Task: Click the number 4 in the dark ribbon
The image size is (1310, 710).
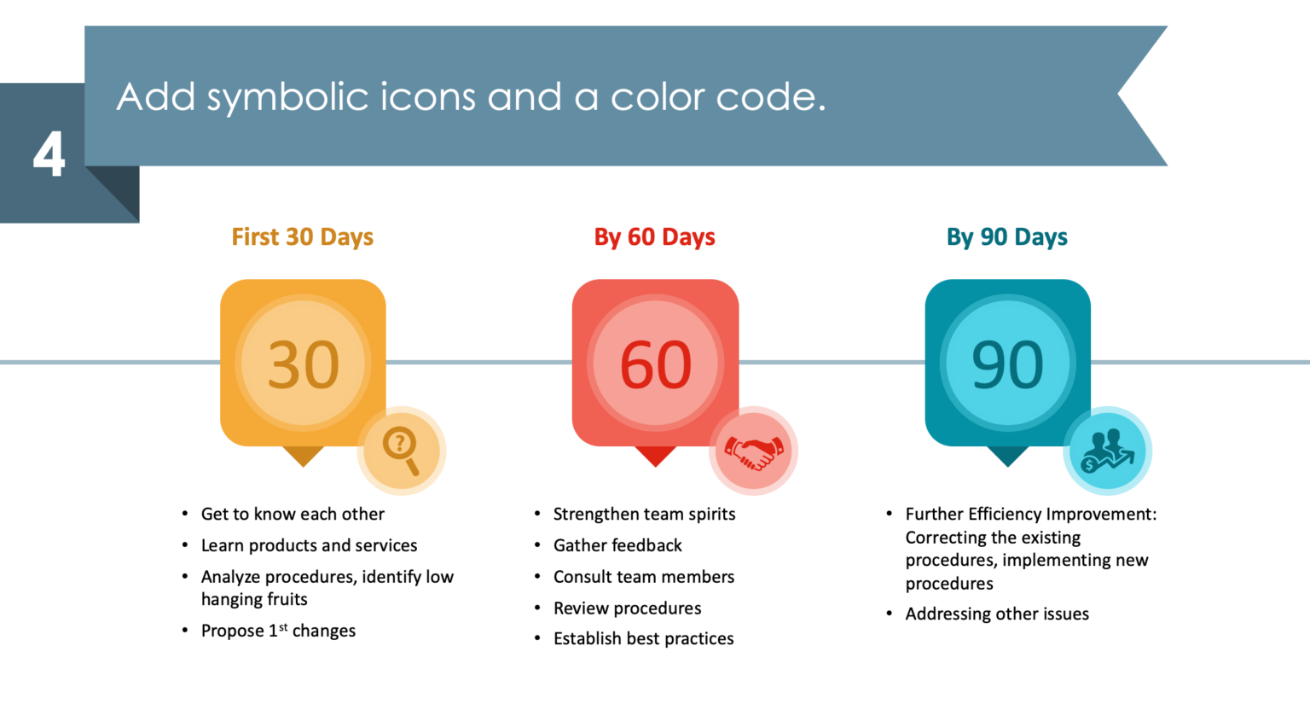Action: coord(49,154)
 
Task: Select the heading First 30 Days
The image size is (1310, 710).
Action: coord(303,237)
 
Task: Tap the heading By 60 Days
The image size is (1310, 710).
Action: coord(654,237)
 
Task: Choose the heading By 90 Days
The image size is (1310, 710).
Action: coord(1007,237)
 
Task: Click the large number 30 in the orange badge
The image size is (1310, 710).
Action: coord(303,364)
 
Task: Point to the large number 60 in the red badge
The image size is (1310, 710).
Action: coord(656,364)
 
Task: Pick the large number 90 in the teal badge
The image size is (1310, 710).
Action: coord(1007,364)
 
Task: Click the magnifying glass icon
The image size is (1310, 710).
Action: coord(401,451)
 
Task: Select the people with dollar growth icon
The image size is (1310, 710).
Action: coord(1107,451)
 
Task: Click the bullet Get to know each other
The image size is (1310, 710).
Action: coord(293,514)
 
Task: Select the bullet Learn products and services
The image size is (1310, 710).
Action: coord(309,545)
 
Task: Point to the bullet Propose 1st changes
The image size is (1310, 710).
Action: coord(278,631)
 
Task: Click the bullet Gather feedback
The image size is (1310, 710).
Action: coord(617,545)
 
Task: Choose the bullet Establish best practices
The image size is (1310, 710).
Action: coord(643,638)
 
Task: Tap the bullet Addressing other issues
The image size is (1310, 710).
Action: coord(997,614)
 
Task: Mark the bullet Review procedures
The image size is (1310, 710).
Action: coord(627,608)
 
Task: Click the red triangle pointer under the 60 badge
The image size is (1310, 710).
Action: coord(656,456)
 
